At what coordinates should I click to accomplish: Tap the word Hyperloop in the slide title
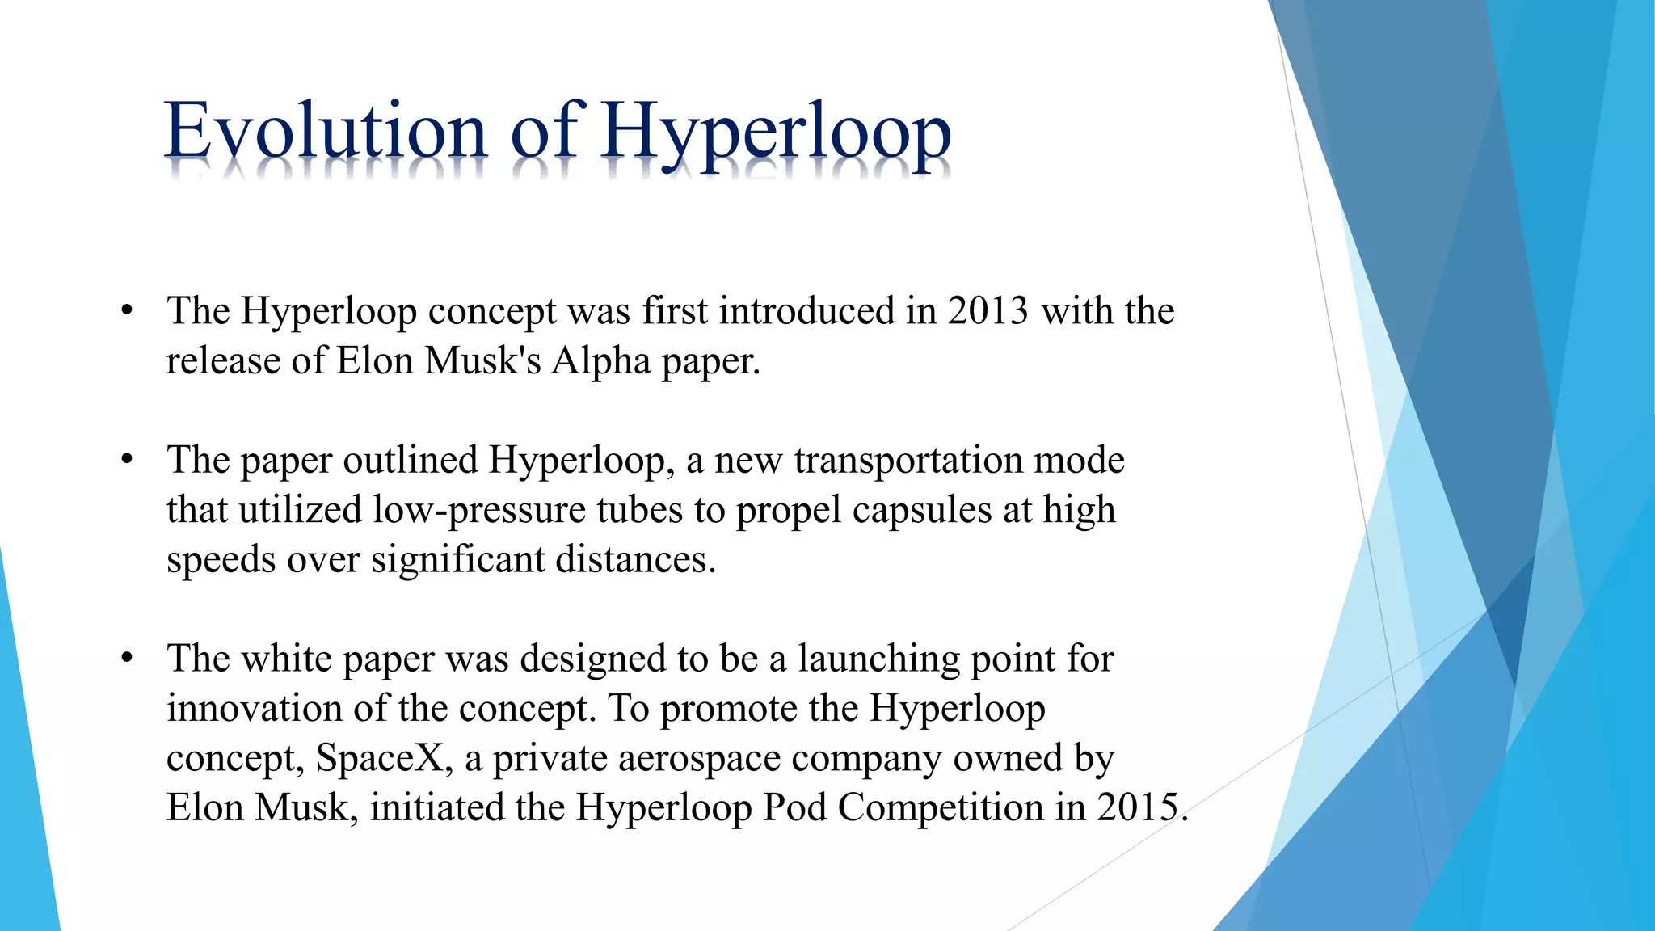[776, 133]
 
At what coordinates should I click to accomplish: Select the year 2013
[988, 311]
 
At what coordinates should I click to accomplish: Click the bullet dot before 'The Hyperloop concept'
[126, 311]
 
